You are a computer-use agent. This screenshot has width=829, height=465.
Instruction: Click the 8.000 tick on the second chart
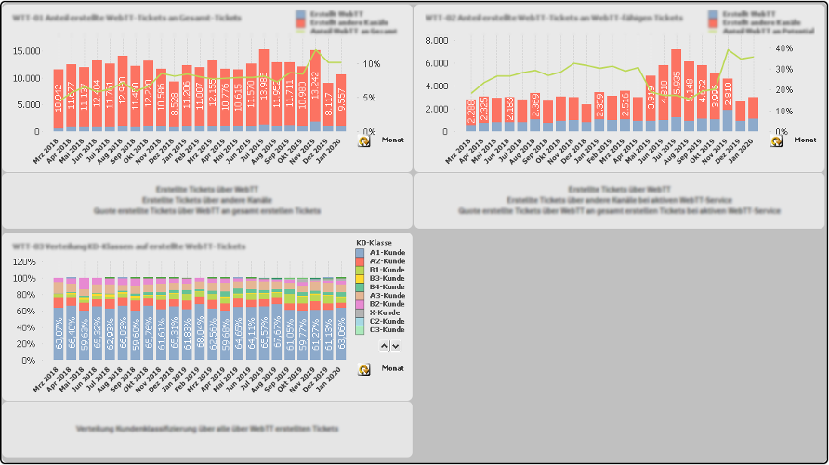tap(439, 41)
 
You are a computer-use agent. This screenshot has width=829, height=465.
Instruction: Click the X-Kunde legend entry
tap(384, 312)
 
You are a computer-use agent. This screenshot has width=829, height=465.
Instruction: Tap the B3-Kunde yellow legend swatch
tap(360, 278)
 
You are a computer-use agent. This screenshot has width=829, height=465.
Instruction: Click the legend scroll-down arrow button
tap(396, 346)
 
